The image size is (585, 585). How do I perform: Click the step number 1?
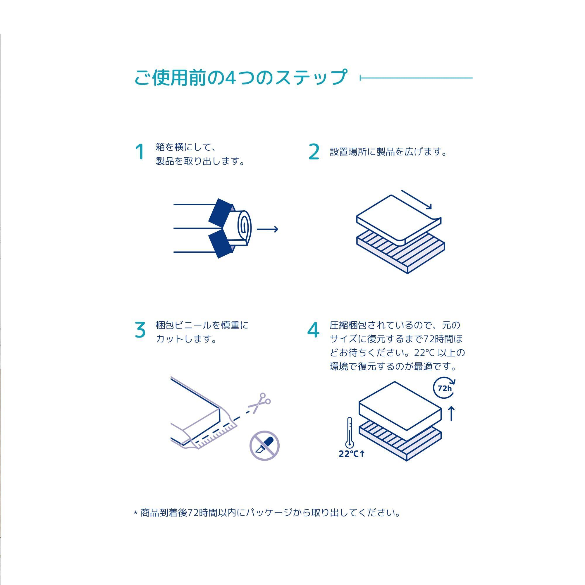point(140,152)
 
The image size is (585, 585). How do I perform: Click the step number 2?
point(314,152)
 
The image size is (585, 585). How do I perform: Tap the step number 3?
point(140,330)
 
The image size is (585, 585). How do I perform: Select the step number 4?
point(313,330)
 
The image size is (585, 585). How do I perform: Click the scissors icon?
point(259,403)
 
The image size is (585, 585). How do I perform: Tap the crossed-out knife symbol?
point(264,446)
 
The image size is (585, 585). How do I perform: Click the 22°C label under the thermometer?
point(352,454)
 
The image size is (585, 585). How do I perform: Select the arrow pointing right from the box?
point(267,229)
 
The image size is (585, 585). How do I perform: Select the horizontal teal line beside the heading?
point(416,78)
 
